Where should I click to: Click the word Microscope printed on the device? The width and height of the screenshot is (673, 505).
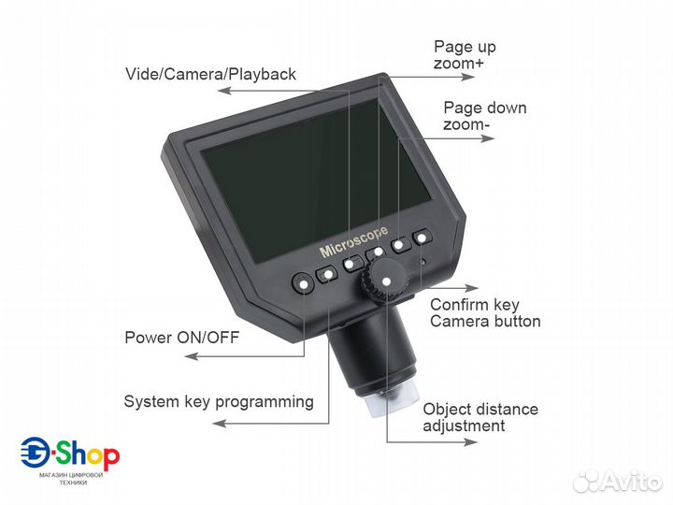353,239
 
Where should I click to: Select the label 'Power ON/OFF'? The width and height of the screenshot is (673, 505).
181,338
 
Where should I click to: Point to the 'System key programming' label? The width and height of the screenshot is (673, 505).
219,401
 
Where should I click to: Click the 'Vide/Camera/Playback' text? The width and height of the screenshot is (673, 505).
210,74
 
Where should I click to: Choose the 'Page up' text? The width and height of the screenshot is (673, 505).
465,47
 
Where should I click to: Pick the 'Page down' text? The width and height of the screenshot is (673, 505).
484,108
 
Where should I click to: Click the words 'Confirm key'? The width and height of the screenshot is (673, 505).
474,305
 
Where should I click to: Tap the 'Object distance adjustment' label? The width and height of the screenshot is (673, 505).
480,417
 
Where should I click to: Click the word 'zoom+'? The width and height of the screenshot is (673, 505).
459,64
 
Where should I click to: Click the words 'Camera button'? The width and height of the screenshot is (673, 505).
485,321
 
